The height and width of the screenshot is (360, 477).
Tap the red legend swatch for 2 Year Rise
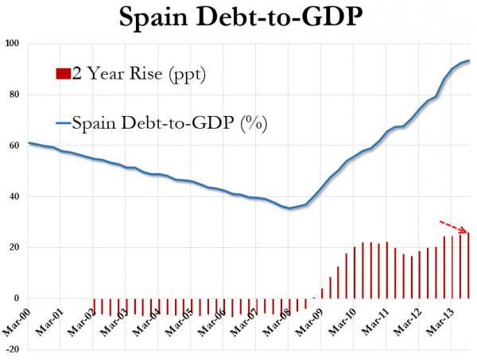pyautogui.click(x=63, y=75)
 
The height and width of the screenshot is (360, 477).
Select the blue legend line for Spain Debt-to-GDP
pyautogui.click(x=63, y=123)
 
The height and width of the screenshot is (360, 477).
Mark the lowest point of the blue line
pyautogui.click(x=290, y=208)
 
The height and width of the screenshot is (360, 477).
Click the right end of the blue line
pyautogui.click(x=469, y=60)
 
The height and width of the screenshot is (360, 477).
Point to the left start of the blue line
pyautogui.click(x=29, y=143)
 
